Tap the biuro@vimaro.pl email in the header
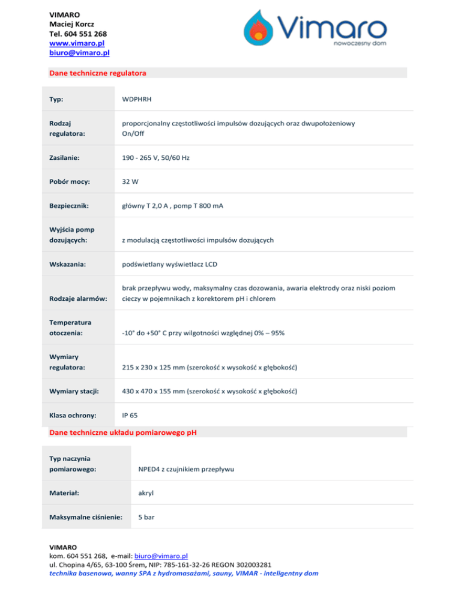(x=79, y=53)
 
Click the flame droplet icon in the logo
(x=259, y=30)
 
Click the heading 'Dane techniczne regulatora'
(x=98, y=73)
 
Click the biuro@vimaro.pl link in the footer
(x=162, y=557)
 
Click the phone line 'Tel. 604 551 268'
(x=77, y=34)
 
